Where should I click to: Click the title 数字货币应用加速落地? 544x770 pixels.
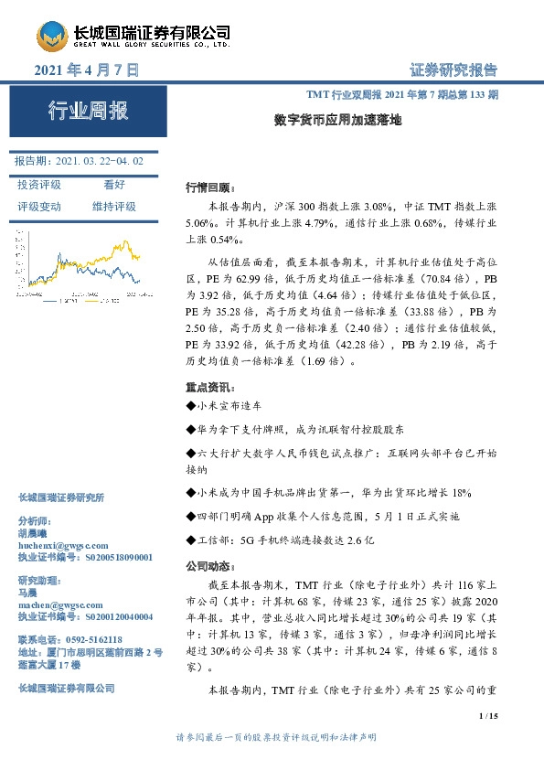coord(337,119)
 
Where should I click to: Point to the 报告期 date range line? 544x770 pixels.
coord(80,161)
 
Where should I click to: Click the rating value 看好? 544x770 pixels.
coord(113,184)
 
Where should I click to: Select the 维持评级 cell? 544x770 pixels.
coord(113,207)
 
